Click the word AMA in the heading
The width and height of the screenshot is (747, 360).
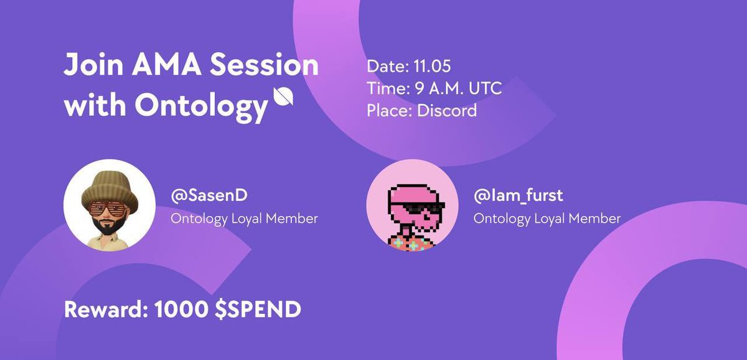coord(166,65)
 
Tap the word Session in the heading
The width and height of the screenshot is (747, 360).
coord(264,64)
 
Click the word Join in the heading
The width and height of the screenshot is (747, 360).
coord(93,64)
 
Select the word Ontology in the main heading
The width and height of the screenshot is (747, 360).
coord(202,107)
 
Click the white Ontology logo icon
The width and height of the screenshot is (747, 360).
coord(283,97)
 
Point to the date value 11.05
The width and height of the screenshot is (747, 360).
coord(432,66)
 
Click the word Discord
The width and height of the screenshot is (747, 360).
coord(447,110)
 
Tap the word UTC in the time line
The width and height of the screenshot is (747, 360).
coord(485,88)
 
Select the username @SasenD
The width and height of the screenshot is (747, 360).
coord(209,196)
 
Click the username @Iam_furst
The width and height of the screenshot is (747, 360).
coord(518,196)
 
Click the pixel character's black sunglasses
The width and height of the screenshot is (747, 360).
coord(422,208)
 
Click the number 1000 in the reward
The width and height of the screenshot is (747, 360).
coord(181,310)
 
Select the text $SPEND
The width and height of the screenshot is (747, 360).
coord(258,310)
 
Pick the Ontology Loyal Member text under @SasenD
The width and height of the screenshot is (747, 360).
coord(244,219)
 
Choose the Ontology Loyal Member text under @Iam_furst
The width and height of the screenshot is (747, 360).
coord(547,219)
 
